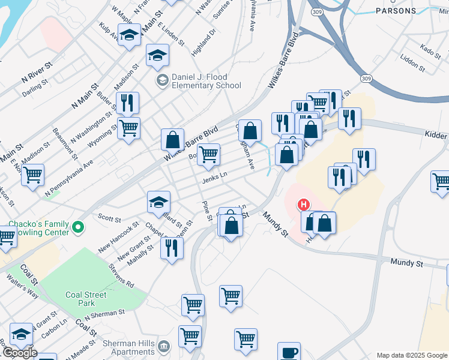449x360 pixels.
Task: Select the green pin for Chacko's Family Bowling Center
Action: click(77, 227)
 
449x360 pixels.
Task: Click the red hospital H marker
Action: click(304, 205)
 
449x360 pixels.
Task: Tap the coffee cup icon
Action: click(289, 352)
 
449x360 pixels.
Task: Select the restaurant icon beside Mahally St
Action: click(172, 248)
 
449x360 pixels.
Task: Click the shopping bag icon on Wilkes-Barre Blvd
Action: click(172, 140)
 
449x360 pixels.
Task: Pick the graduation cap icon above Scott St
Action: click(159, 202)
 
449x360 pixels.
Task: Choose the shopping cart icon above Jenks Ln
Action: click(208, 154)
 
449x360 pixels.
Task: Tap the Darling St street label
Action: click(34, 91)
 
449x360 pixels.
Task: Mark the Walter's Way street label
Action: click(23, 286)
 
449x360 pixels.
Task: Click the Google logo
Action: click(19, 353)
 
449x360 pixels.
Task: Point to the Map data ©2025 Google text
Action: click(412, 355)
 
